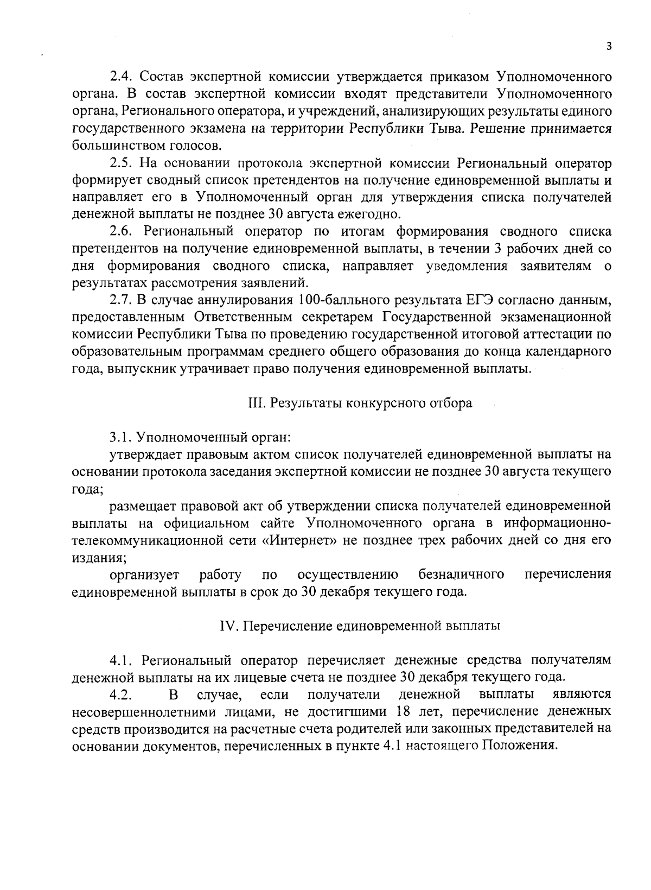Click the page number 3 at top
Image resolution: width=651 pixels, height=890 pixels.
609,47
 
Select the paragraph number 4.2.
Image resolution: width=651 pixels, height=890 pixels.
120,695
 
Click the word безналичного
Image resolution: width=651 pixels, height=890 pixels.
462,575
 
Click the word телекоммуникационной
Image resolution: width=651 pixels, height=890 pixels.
152,541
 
